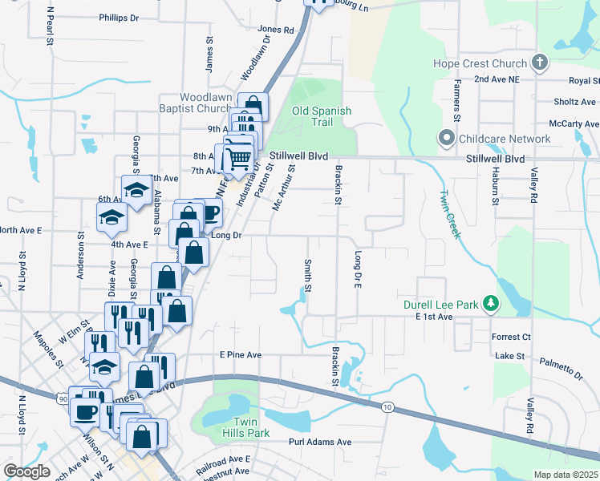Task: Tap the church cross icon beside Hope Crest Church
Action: pos(540,63)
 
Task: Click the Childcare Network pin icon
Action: pos(447,139)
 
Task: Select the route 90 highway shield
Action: pos(63,398)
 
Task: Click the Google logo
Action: pos(27,471)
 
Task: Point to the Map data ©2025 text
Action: pos(566,475)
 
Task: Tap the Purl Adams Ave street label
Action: pos(320,442)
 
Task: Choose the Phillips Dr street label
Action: pos(120,17)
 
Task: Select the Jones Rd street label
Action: pos(276,30)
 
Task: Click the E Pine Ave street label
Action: pos(241,354)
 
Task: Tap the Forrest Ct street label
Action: pos(512,338)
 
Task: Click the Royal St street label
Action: pos(584,81)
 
